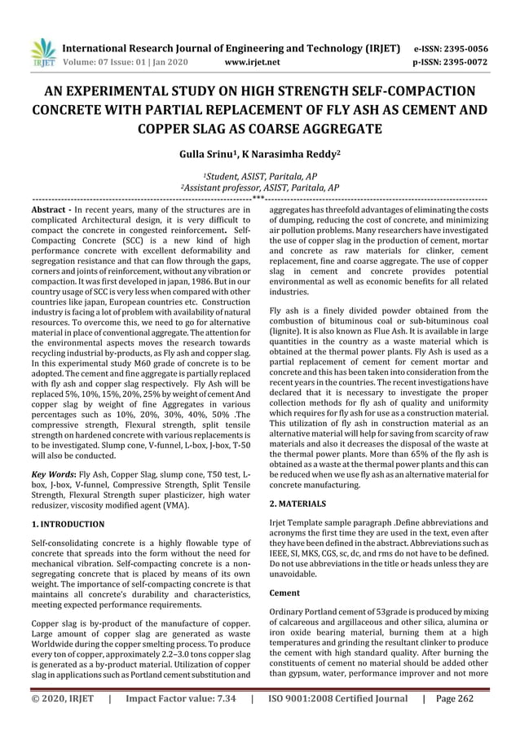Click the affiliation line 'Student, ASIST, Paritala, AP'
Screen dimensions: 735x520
pos(260,176)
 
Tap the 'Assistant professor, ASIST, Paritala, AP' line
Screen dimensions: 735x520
pos(260,187)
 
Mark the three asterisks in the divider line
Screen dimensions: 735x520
pos(258,198)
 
